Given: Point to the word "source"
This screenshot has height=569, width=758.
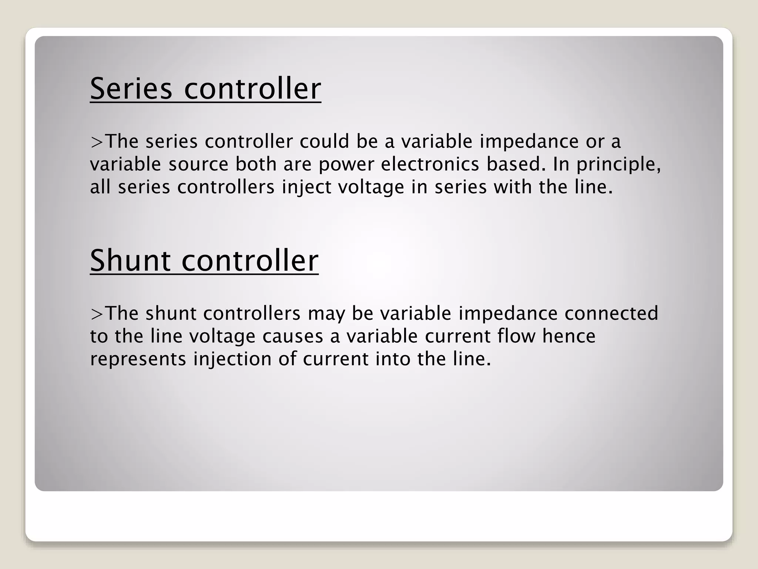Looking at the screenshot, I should point(198,164).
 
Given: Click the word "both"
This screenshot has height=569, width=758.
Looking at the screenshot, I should point(256,164).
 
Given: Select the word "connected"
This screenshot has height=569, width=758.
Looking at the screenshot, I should point(611,313).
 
